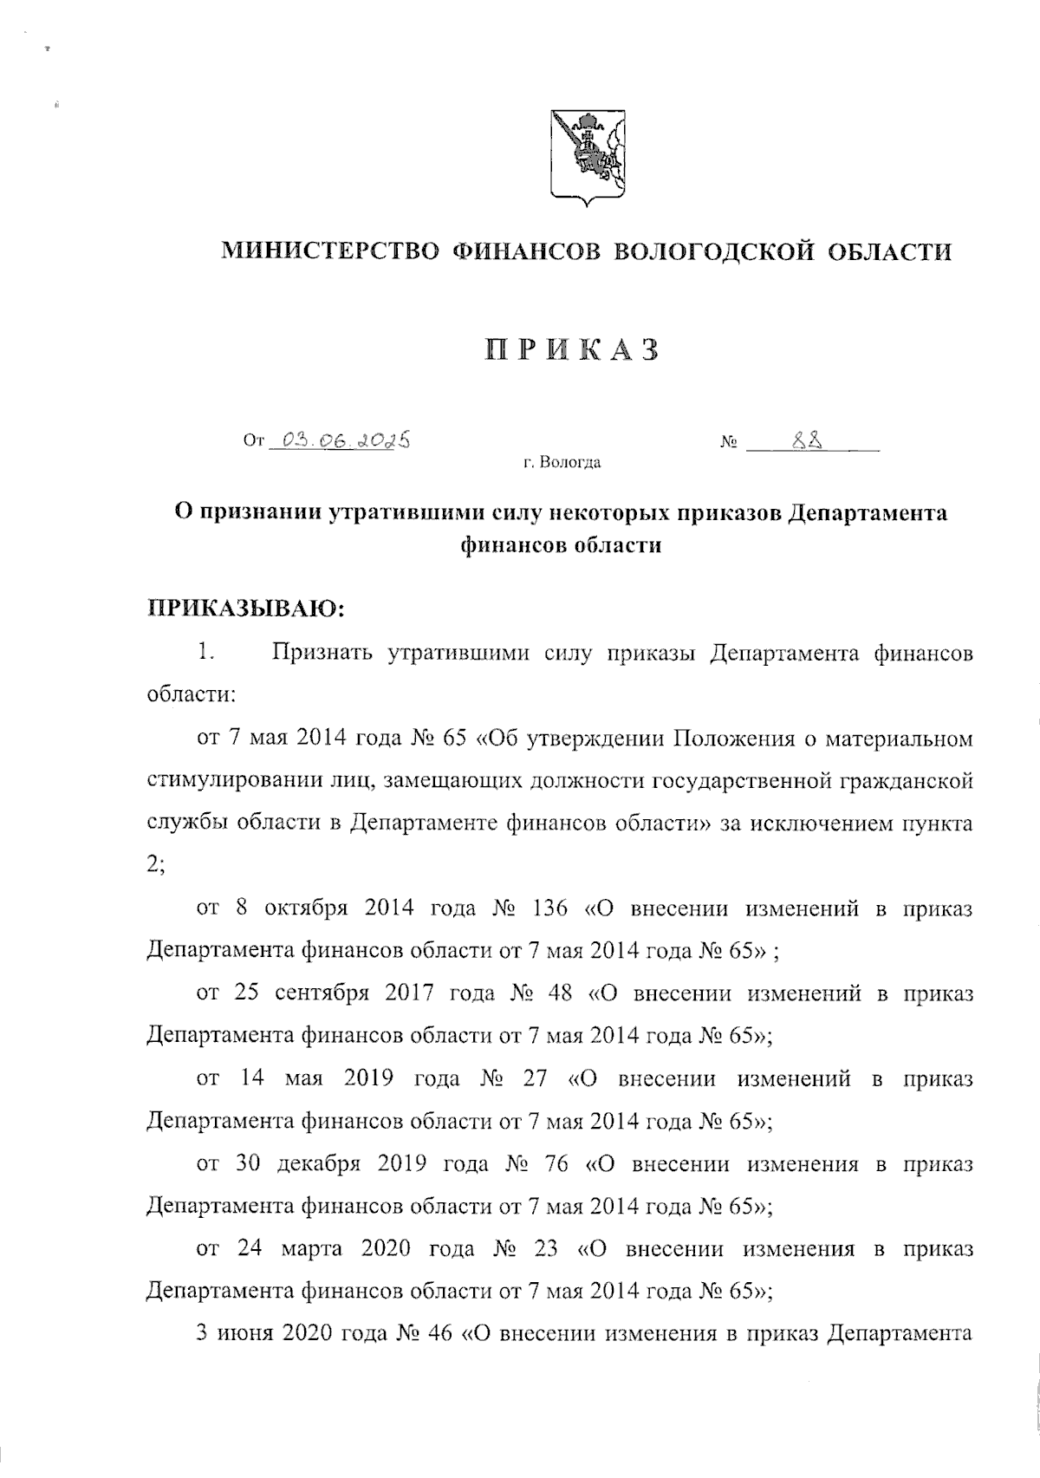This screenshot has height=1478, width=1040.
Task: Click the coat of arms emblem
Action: (x=587, y=157)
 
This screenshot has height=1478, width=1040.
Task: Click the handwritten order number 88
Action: (x=807, y=441)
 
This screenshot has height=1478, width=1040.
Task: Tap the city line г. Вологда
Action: (x=561, y=463)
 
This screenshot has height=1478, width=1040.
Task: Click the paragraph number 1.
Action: (x=205, y=653)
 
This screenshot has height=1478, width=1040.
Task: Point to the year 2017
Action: (x=408, y=993)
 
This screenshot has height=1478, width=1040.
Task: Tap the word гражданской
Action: (x=905, y=783)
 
